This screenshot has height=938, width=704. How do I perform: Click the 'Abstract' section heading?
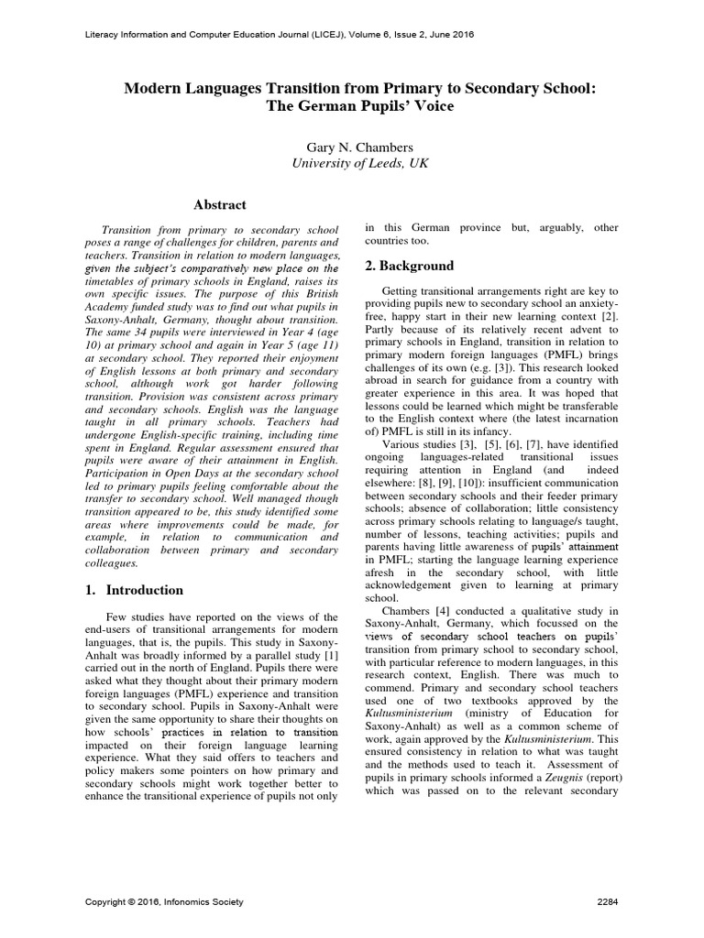pyautogui.click(x=219, y=204)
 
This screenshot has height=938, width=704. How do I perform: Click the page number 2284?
pyautogui.click(x=608, y=902)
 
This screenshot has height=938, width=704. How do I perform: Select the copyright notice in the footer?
pyautogui.click(x=164, y=902)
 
